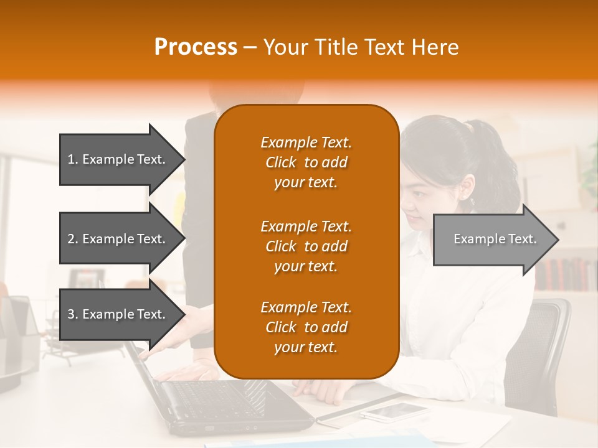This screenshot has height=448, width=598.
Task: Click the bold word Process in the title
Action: point(196,47)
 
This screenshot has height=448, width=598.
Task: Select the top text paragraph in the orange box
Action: point(306,162)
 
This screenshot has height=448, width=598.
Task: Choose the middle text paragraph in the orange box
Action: point(306,246)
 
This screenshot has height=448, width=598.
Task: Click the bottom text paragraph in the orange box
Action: point(306,327)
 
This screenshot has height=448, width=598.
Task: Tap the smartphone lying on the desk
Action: point(393,411)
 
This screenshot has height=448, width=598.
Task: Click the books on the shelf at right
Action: point(564,274)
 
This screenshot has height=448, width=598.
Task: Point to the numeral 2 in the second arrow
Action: point(71,239)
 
